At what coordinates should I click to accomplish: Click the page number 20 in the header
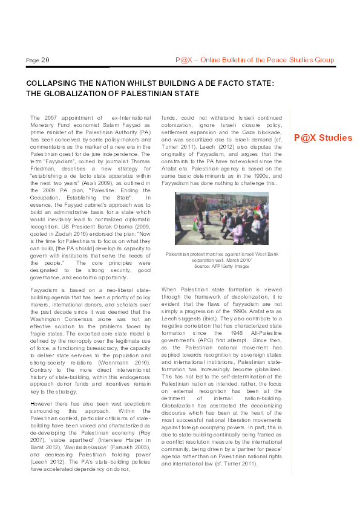pyautogui.click(x=46, y=60)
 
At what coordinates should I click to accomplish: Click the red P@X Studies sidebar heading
pyautogui.click(x=323, y=138)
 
